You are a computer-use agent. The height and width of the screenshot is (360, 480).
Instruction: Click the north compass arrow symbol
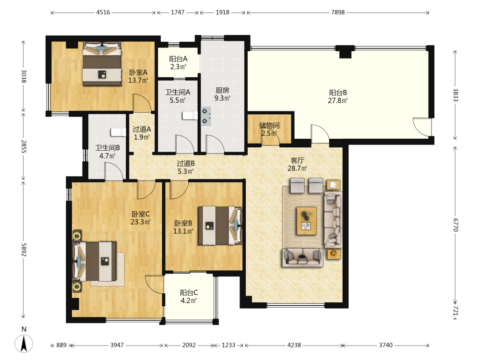[24, 343]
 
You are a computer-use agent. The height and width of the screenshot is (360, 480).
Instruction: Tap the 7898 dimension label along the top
[337, 12]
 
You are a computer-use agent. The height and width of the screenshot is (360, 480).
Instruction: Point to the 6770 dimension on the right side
[456, 225]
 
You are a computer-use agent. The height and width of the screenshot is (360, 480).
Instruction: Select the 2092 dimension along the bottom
[189, 345]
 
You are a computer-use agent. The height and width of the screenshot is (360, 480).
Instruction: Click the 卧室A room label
[138, 72]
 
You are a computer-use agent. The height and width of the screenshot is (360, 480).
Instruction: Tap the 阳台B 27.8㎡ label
[338, 96]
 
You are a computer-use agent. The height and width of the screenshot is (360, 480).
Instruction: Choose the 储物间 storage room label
[269, 125]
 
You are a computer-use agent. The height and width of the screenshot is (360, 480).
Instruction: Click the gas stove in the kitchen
[206, 116]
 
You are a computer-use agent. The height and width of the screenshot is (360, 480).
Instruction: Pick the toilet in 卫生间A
[190, 115]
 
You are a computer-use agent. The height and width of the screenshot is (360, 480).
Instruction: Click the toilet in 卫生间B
[118, 132]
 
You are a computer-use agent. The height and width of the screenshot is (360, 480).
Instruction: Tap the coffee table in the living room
[306, 221]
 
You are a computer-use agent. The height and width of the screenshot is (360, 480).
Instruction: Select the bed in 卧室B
[220, 225]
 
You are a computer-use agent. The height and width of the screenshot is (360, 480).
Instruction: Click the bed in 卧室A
[102, 64]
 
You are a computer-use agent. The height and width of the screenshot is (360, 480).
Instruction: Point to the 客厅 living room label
[297, 160]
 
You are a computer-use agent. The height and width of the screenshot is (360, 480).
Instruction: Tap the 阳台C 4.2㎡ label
[189, 297]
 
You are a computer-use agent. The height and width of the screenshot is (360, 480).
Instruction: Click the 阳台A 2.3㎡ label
[178, 63]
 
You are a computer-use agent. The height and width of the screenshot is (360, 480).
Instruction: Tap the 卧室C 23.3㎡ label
[141, 218]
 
